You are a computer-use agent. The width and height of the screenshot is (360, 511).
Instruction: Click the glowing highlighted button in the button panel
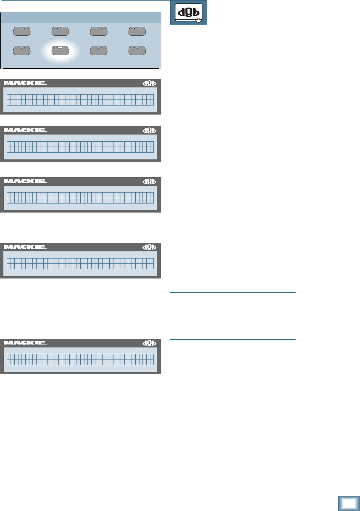click(60, 50)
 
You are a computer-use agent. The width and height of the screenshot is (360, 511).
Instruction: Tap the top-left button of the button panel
click(22, 31)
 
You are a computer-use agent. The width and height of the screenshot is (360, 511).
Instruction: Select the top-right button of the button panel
click(137, 31)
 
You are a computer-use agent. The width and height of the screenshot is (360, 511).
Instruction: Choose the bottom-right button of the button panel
click(137, 50)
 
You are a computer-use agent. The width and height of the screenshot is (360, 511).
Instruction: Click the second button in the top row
click(60, 31)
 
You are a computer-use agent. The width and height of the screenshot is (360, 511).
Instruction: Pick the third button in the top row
click(99, 31)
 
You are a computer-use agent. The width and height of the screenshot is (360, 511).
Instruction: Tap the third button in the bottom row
click(99, 50)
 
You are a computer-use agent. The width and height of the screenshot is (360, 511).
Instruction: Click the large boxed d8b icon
click(188, 13)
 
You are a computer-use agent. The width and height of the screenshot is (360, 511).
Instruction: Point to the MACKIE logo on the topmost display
click(25, 83)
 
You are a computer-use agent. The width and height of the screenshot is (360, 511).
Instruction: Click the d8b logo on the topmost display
click(149, 83)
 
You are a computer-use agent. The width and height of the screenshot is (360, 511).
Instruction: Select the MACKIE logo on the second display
click(25, 130)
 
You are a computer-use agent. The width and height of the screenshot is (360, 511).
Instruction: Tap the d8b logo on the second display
click(149, 130)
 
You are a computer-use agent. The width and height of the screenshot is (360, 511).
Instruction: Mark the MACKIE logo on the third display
click(25, 181)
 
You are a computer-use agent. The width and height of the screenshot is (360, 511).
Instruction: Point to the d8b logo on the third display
click(149, 182)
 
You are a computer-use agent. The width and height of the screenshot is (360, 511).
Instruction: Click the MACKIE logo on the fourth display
click(25, 247)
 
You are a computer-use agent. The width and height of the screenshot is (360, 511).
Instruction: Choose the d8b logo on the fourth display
click(149, 247)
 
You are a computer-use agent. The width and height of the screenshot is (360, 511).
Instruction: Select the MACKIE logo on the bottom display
click(25, 343)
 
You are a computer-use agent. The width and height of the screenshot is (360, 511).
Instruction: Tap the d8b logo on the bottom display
click(149, 343)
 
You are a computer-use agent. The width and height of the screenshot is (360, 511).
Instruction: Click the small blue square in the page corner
click(349, 503)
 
